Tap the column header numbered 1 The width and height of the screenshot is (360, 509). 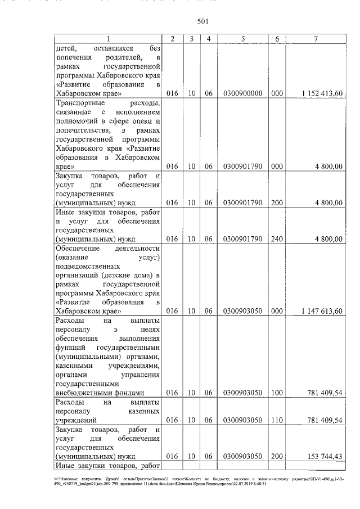(x=109, y=38)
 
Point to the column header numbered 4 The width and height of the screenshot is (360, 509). (x=208, y=38)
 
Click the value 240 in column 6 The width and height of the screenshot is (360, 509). (x=276, y=238)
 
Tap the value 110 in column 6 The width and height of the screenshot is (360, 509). (x=276, y=420)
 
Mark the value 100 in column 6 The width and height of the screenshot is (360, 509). (x=276, y=393)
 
